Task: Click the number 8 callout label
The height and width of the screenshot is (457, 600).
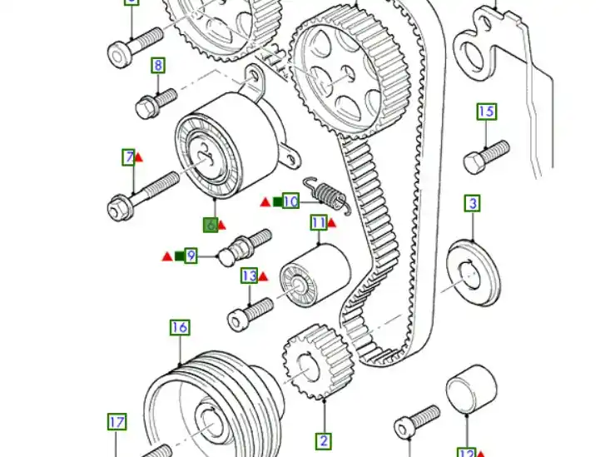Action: (x=157, y=66)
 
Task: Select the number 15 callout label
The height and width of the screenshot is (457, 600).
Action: (x=486, y=112)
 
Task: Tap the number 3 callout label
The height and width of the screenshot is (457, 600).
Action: (x=472, y=203)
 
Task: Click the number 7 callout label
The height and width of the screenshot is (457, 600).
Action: (x=128, y=156)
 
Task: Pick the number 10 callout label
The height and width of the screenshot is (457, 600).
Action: (x=290, y=201)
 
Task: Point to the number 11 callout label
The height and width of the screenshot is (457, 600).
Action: (x=319, y=222)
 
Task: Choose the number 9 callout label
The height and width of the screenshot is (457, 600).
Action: (x=191, y=256)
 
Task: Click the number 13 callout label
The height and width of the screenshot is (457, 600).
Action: (x=249, y=276)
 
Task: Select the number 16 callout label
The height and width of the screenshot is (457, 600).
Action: (x=180, y=327)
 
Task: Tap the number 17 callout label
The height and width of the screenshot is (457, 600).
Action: (x=117, y=423)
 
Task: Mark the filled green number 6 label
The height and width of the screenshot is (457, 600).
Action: (x=211, y=225)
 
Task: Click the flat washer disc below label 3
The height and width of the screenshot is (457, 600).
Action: (x=474, y=269)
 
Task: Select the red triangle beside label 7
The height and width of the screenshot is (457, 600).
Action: (x=140, y=156)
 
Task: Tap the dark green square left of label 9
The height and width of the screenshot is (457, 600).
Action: (x=178, y=256)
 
